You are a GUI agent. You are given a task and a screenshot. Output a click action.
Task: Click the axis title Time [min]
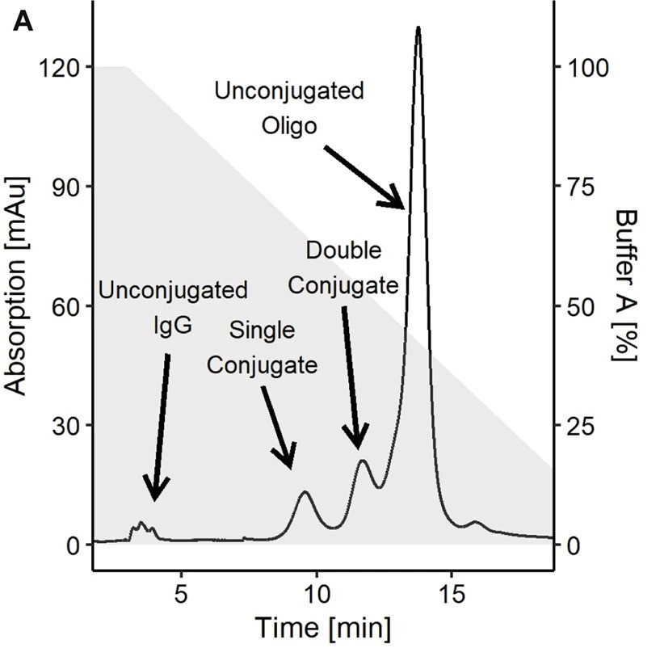pyautogui.click(x=323, y=626)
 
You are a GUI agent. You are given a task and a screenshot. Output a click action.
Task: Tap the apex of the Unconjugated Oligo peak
pyautogui.click(x=418, y=27)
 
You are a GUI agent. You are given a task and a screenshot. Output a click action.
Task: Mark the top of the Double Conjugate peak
pyautogui.click(x=363, y=461)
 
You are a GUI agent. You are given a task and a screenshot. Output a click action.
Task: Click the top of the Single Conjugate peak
pyautogui.click(x=305, y=491)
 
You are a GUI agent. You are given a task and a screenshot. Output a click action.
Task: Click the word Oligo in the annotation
pyautogui.click(x=288, y=126)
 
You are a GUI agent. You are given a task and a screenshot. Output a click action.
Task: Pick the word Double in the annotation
pyautogui.click(x=343, y=251)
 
